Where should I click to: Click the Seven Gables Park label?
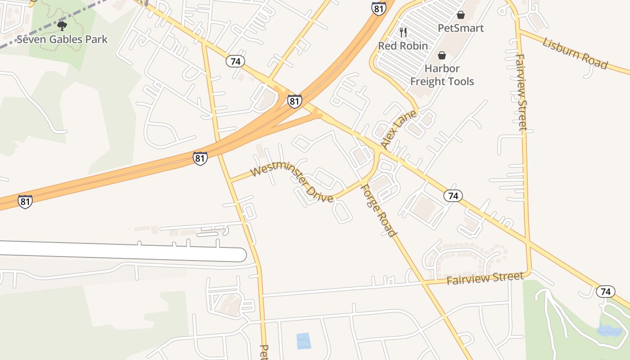pyautogui.click(x=62, y=40)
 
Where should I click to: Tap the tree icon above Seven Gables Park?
pyautogui.click(x=62, y=26)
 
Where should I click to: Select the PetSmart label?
pyautogui.click(x=461, y=28)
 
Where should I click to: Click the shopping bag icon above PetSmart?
pyautogui.click(x=460, y=15)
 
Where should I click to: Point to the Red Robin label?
pyautogui.click(x=403, y=46)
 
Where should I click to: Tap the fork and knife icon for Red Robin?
pyautogui.click(x=403, y=32)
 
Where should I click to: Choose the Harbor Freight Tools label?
pyautogui.click(x=442, y=75)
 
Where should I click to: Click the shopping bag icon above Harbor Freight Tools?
pyautogui.click(x=442, y=55)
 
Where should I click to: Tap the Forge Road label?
pyautogui.click(x=379, y=211)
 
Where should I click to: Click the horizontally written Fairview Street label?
pyautogui.click(x=485, y=278)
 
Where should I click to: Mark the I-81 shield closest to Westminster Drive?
pyautogui.click(x=200, y=158)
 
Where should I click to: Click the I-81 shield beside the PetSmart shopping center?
pyautogui.click(x=378, y=8)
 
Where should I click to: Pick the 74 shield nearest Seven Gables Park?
pyautogui.click(x=235, y=61)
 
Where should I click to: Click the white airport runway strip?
pyautogui.click(x=121, y=251)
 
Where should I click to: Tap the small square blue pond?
pyautogui.click(x=303, y=341)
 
